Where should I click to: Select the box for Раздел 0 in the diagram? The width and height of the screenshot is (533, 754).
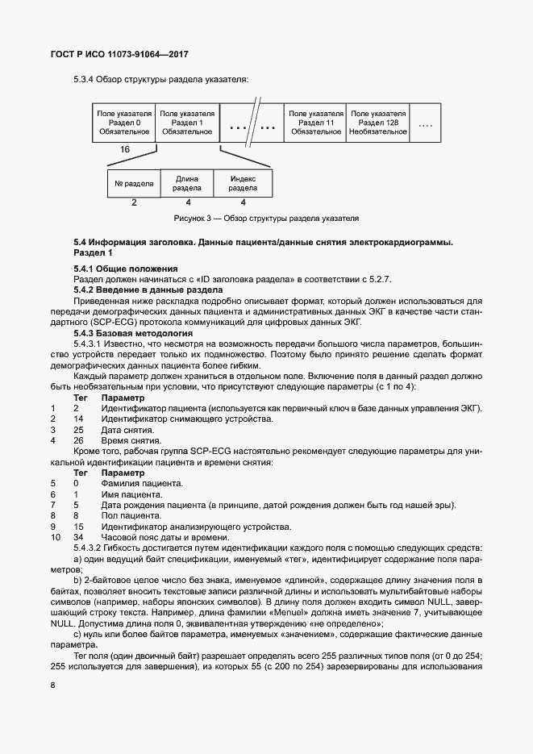click(x=123, y=123)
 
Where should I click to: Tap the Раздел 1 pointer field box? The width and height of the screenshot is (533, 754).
click(x=187, y=123)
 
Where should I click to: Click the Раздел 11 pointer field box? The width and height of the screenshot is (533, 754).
click(x=315, y=123)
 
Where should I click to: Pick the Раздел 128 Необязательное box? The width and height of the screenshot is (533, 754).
click(x=378, y=123)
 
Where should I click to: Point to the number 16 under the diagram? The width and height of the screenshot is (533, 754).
click(x=125, y=150)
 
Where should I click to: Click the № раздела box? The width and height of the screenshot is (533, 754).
click(x=134, y=184)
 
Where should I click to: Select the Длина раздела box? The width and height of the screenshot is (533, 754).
click(x=187, y=184)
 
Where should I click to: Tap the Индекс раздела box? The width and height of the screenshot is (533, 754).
click(x=243, y=184)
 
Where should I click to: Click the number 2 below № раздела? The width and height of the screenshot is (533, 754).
click(x=134, y=202)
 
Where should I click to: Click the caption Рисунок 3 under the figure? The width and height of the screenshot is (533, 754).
click(x=265, y=219)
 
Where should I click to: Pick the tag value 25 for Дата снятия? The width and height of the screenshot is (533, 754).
click(x=78, y=430)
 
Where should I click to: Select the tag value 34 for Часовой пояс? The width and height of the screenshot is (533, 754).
click(x=78, y=538)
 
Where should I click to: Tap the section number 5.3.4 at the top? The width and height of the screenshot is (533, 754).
click(x=86, y=79)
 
